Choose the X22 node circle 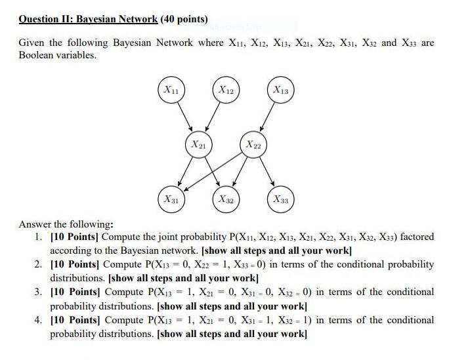click(x=252, y=144)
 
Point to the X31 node click(x=171, y=197)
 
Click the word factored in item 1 click(x=416, y=236)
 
